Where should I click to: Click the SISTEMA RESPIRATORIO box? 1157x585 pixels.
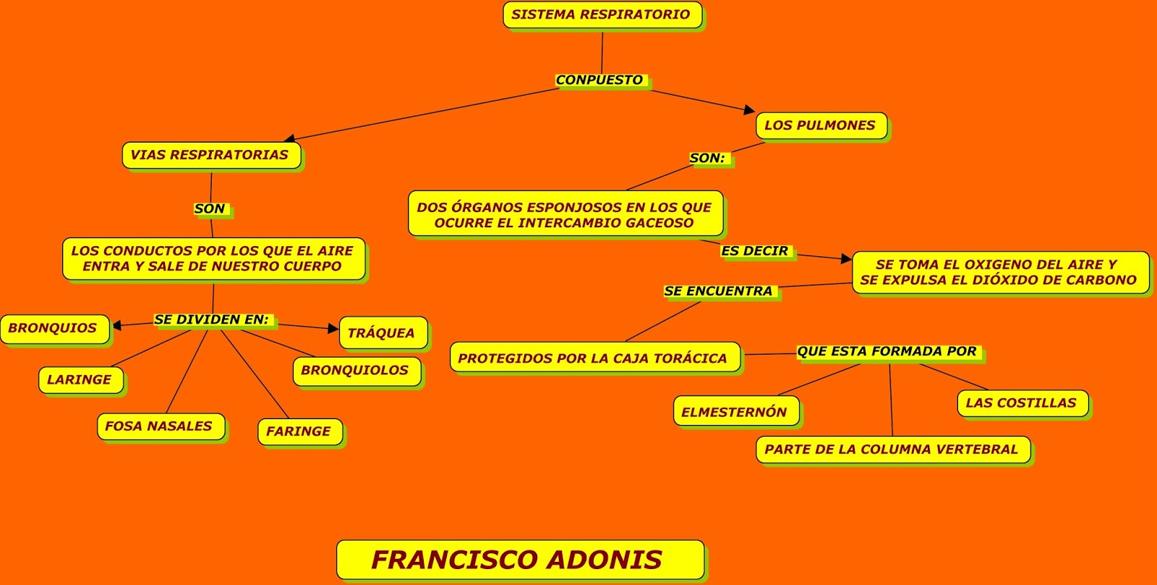(601, 14)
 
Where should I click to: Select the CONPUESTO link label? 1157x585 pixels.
(599, 80)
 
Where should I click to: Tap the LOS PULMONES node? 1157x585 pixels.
(820, 125)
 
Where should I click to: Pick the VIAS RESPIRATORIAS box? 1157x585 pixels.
(210, 155)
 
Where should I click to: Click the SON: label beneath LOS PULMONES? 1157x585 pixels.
(707, 158)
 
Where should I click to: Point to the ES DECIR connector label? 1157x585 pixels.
(755, 251)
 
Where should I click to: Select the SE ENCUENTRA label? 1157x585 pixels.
(719, 291)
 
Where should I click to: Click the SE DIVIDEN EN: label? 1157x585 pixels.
(211, 319)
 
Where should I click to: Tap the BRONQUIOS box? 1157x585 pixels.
(53, 328)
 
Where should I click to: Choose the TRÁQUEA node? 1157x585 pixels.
(381, 333)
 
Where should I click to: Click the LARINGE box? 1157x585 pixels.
(80, 379)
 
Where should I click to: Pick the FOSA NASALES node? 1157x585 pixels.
(159, 426)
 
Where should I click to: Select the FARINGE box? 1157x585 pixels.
(299, 432)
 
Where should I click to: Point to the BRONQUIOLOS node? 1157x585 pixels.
(355, 370)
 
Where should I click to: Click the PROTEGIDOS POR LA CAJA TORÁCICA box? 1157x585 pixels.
(593, 358)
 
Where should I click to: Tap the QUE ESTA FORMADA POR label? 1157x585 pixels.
(887, 352)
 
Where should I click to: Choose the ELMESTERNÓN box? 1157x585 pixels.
(735, 412)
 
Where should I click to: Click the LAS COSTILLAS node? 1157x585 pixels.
(1021, 403)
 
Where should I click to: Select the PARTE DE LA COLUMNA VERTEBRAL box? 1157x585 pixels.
(892, 450)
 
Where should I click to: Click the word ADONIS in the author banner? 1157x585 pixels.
(604, 560)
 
